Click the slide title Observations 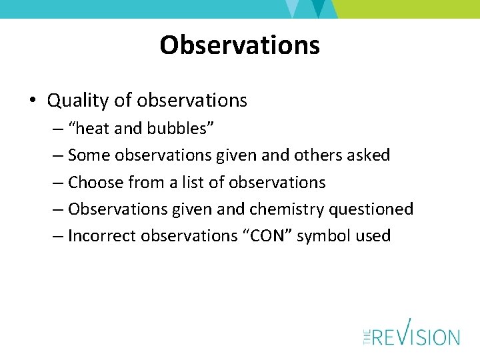click(x=239, y=45)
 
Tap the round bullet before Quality click(x=32, y=101)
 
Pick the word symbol click(x=329, y=236)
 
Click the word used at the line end click(x=375, y=236)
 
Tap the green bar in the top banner click(x=407, y=9)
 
